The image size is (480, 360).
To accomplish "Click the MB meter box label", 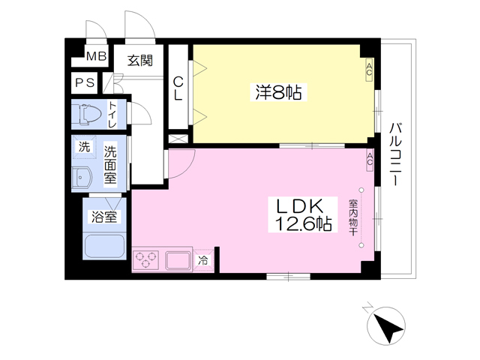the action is pos(97,56).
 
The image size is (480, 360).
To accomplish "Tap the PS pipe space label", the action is pos(85,83).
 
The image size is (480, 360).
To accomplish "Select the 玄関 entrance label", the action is pos(140,61).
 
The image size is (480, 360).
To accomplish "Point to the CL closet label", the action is pos(178,88).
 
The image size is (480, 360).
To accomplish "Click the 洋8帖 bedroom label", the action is pos(278,92).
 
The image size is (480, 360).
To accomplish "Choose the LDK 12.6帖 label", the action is pos(303,215).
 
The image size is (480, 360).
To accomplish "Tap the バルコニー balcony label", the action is pos(395,154).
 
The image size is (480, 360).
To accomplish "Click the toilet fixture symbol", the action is pos(90,115).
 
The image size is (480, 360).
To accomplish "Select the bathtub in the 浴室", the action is pos(104,247).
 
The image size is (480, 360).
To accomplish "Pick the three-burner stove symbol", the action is pos(145,260).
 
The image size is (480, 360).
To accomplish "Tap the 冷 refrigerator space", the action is pos(202,260).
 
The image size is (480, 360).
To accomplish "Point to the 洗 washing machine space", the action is pos(84,147).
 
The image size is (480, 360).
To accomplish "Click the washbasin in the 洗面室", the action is pos(82,177).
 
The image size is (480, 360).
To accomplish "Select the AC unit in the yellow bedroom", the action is pos(369,70).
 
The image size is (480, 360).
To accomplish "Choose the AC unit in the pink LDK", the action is pos(370,160).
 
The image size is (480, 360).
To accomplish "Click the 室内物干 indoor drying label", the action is pos(353,217).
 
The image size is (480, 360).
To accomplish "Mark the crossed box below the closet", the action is pos(178,139).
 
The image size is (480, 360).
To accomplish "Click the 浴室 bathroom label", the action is pos(104,217).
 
